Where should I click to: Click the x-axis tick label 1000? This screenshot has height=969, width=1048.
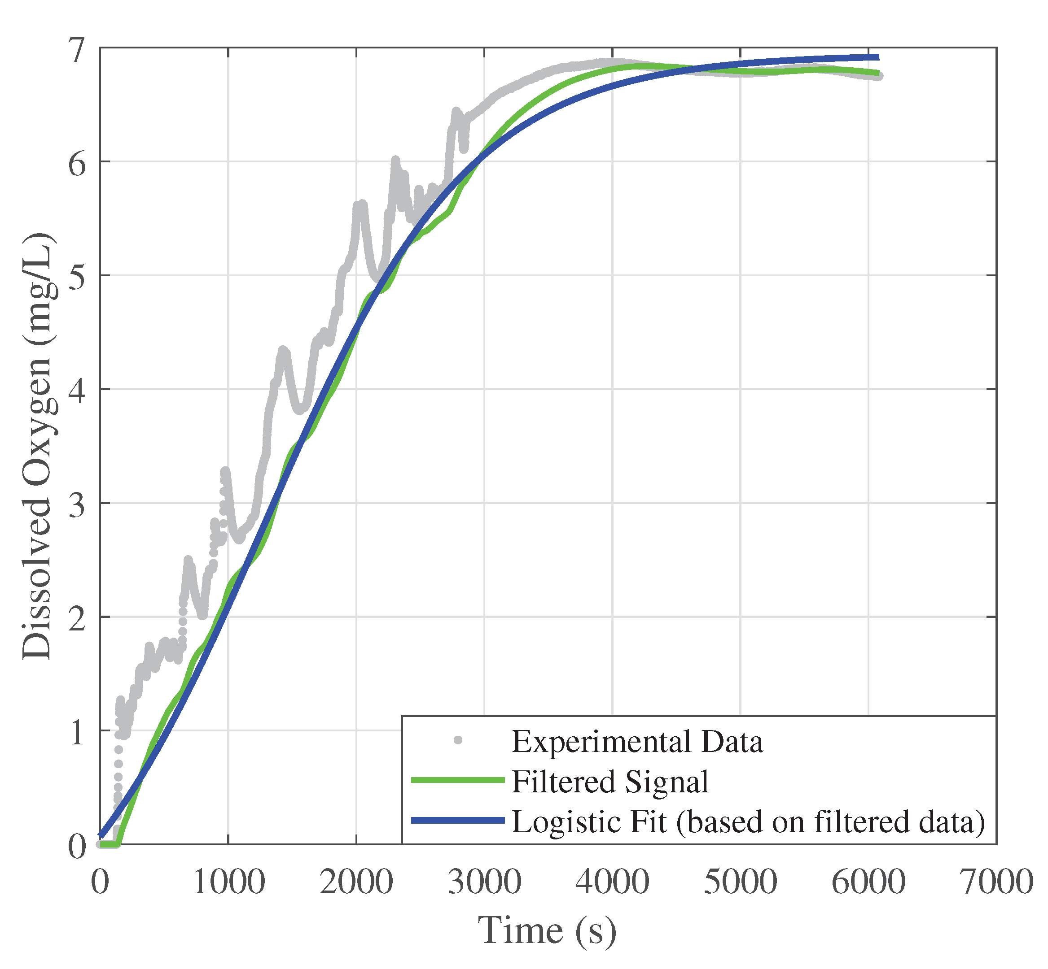[228, 882]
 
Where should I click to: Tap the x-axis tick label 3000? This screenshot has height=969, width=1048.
[484, 882]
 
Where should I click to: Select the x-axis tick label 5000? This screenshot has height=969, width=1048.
[740, 882]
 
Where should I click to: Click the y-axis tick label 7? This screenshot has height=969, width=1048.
[77, 50]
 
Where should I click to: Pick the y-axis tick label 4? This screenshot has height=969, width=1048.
[77, 391]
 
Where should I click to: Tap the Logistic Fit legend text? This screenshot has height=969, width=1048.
[748, 821]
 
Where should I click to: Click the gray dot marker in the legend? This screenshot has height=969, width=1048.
[458, 740]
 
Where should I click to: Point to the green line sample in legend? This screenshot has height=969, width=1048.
[458, 781]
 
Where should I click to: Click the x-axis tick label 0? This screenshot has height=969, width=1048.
[100, 882]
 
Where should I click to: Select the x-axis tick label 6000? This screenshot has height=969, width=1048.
[868, 882]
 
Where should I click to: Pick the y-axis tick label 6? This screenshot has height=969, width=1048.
[77, 164]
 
